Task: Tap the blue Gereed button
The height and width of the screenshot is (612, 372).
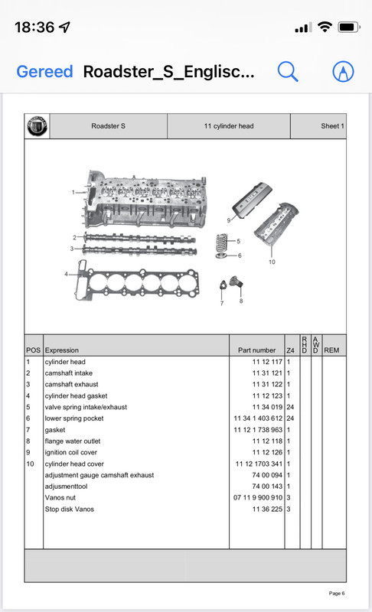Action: (x=44, y=71)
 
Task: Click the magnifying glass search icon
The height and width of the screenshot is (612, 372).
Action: (x=288, y=71)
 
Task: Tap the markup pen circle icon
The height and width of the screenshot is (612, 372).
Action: (x=343, y=72)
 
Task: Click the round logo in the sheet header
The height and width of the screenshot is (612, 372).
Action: (x=37, y=126)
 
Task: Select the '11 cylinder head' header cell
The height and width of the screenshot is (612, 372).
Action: (x=229, y=126)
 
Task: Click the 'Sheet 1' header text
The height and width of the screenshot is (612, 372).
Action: (x=332, y=126)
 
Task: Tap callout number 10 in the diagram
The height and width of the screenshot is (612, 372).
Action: (x=272, y=262)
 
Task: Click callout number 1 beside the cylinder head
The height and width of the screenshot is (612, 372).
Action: (x=73, y=192)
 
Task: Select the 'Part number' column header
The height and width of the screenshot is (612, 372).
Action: (x=257, y=350)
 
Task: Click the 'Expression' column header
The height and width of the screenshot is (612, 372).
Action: (x=62, y=350)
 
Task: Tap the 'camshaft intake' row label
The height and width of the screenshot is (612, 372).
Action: (x=69, y=373)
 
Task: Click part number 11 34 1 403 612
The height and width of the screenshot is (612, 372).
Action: (x=258, y=418)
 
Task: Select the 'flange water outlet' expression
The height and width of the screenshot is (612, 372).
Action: (x=73, y=441)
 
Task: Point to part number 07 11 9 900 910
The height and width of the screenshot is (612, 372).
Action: (x=258, y=498)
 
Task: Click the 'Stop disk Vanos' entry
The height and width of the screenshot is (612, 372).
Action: (x=70, y=509)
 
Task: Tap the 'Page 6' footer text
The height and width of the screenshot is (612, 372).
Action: (x=337, y=594)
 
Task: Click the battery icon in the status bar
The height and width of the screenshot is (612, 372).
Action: (x=349, y=28)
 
